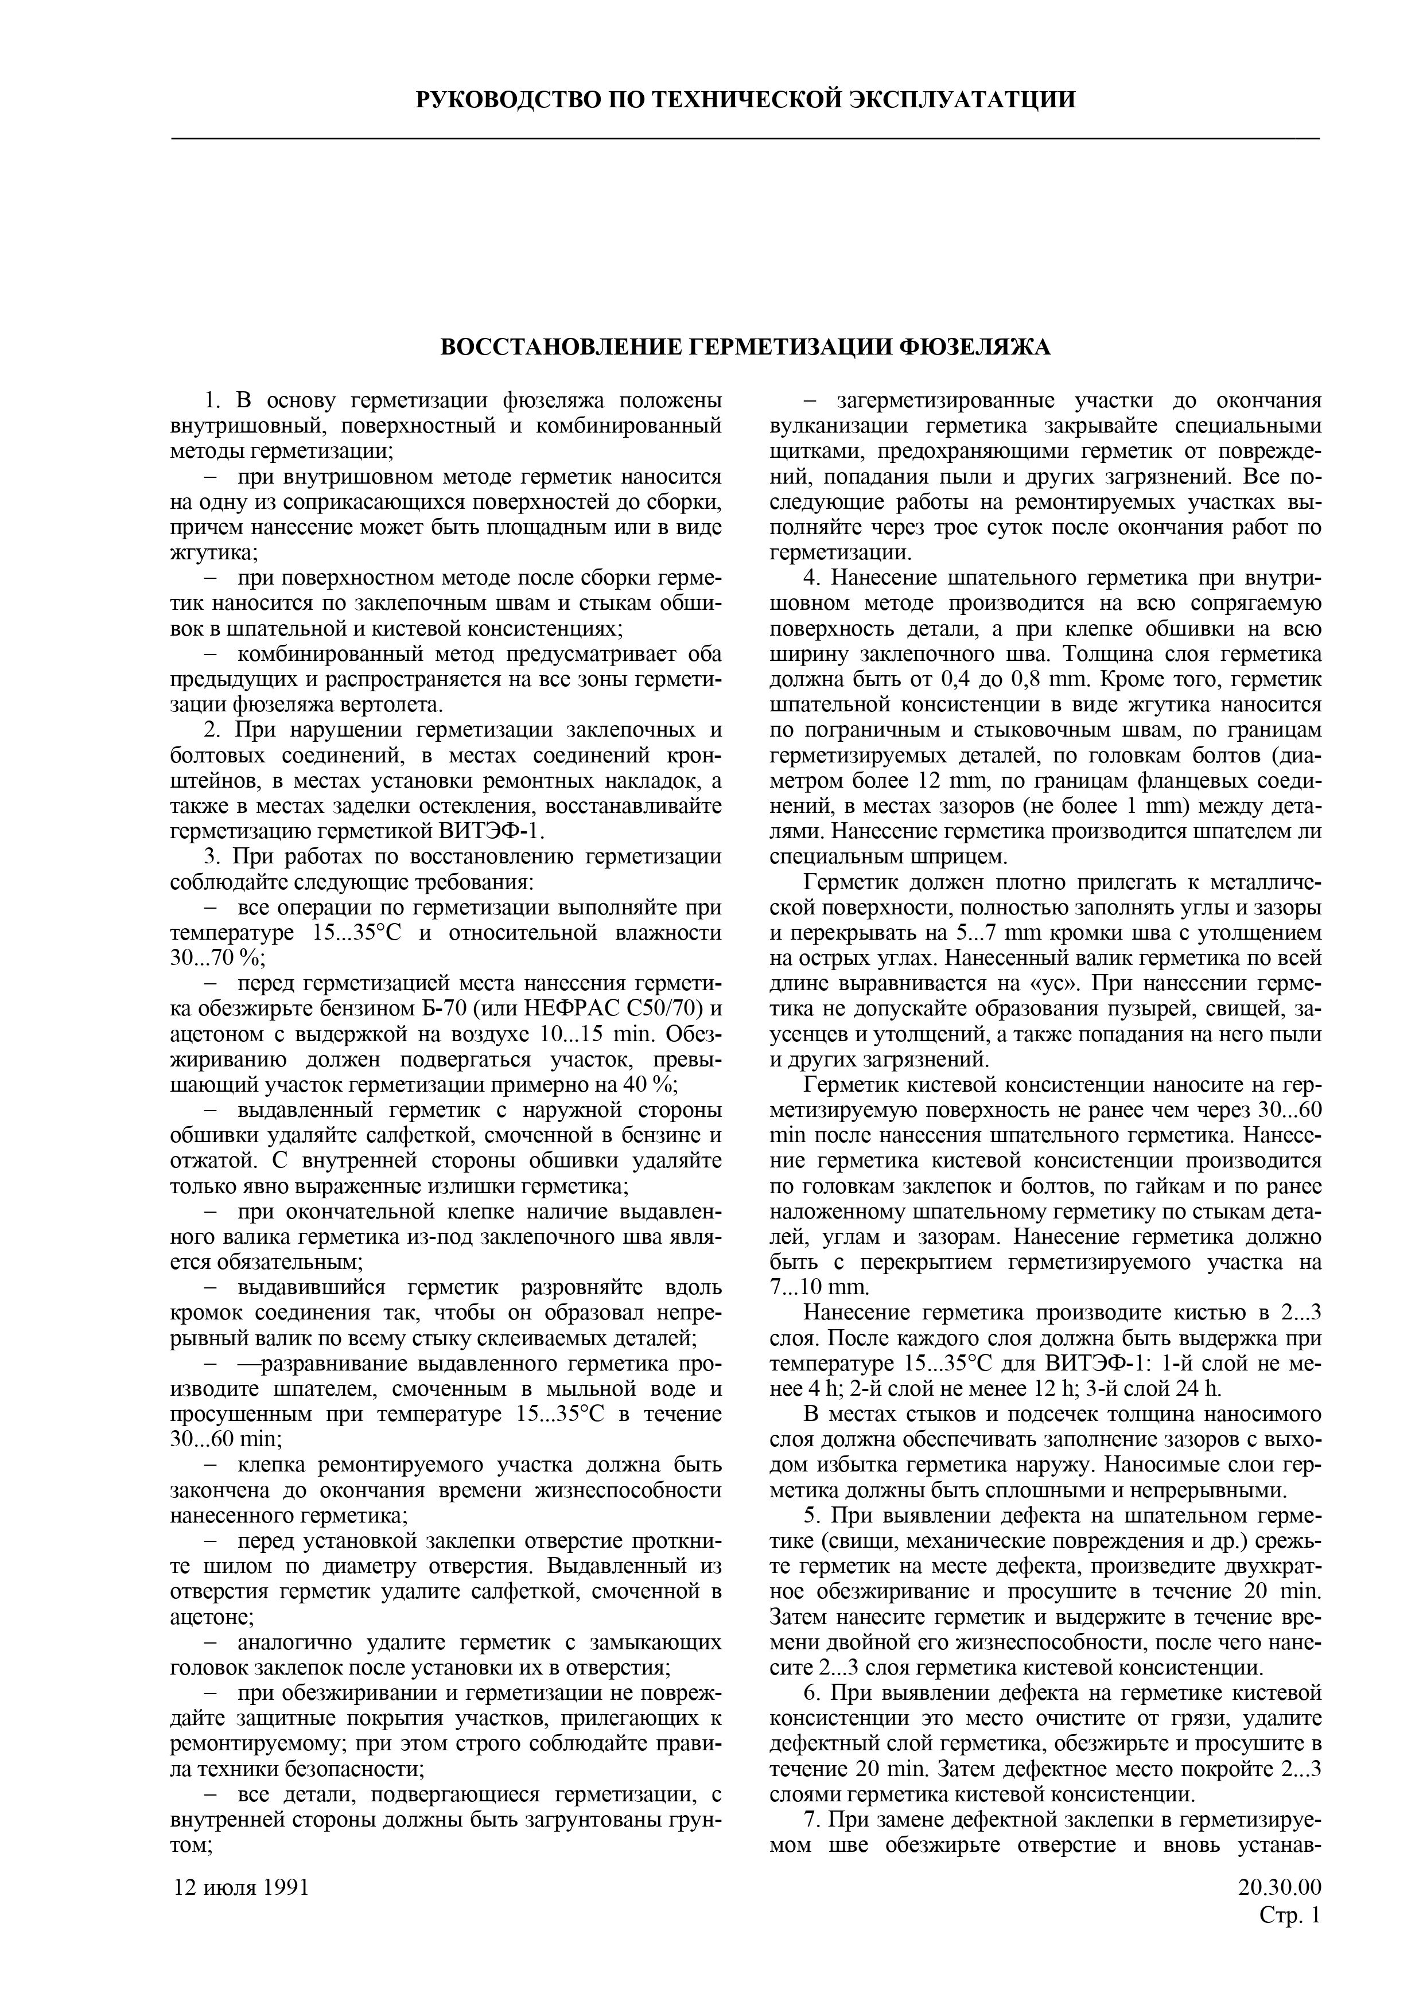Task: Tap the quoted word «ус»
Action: (1052, 983)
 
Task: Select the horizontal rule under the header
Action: (745, 138)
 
